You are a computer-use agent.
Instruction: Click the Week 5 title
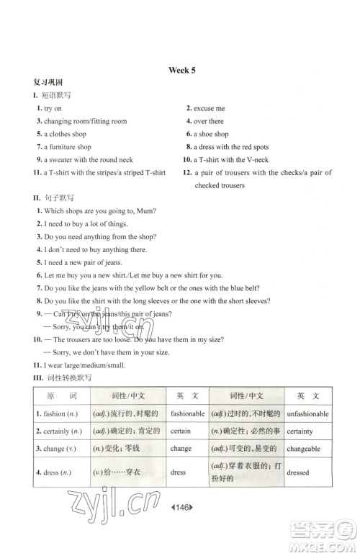(181, 70)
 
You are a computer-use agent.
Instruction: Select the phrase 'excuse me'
(209, 108)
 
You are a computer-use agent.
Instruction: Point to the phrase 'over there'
(208, 121)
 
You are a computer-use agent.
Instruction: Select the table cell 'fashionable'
(187, 414)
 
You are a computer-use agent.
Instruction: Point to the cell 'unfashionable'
(307, 414)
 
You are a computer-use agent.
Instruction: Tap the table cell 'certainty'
(300, 431)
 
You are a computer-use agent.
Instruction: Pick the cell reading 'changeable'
(302, 449)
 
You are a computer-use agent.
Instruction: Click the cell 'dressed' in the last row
(297, 472)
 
